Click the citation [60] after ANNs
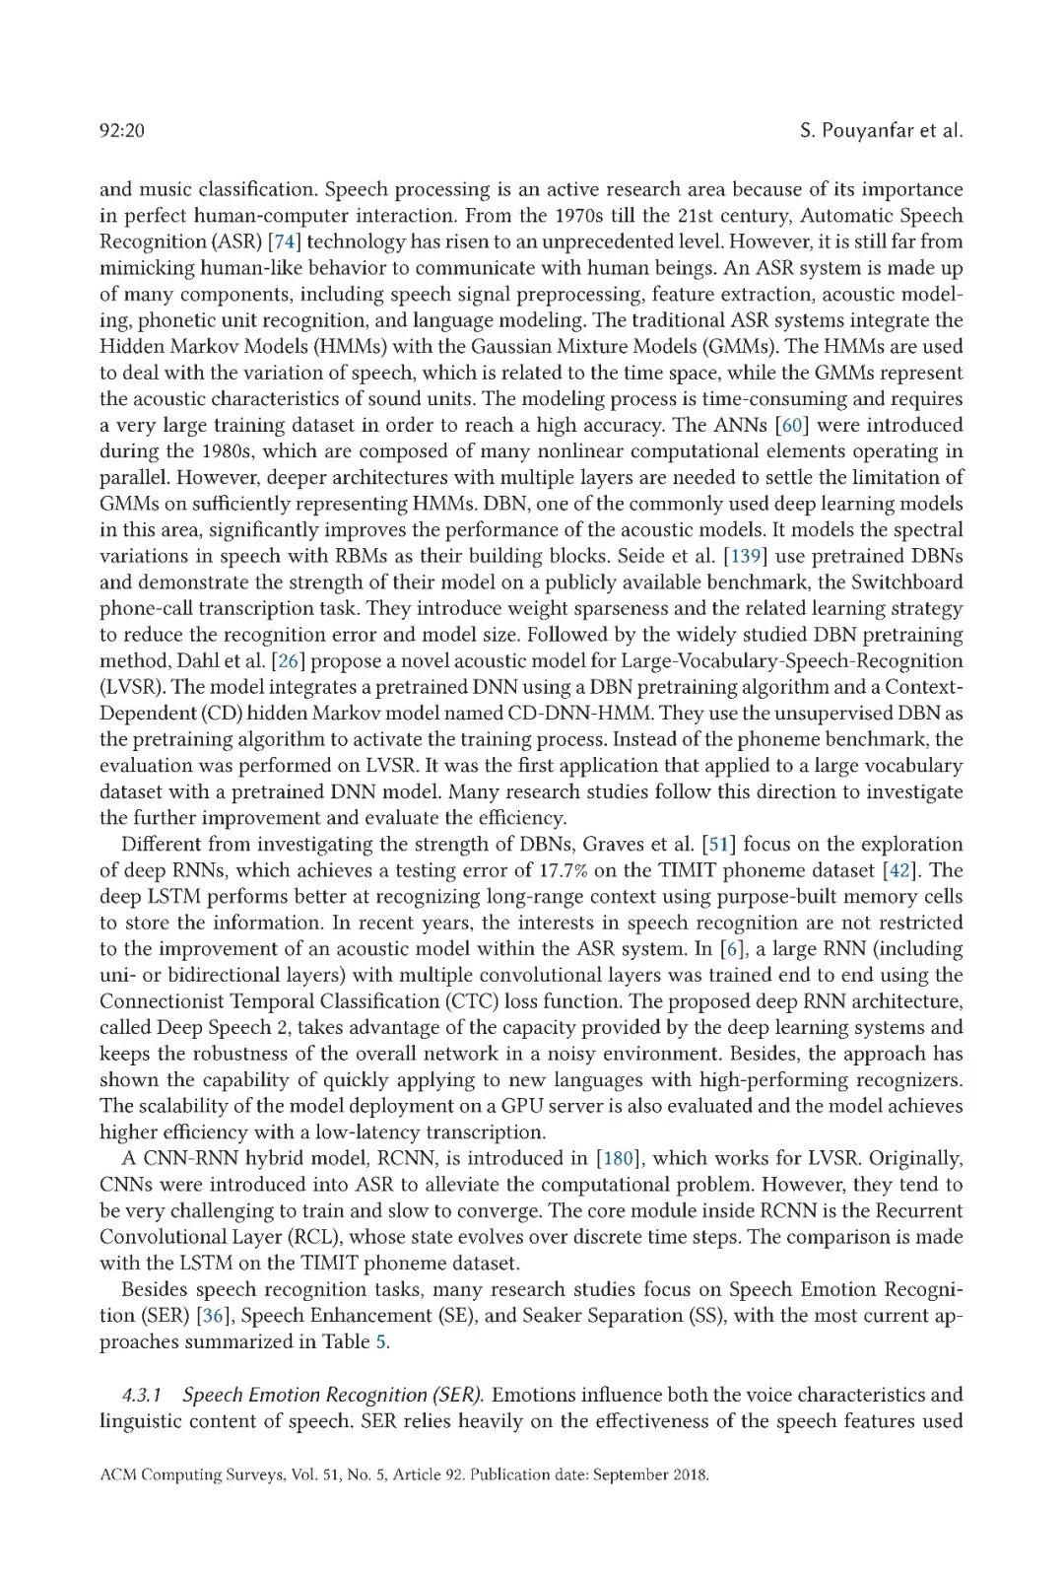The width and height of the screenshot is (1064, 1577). [x=792, y=425]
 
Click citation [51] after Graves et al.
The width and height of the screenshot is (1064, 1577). [x=718, y=844]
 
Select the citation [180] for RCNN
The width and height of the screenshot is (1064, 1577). [x=618, y=1158]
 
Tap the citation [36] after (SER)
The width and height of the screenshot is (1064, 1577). [x=216, y=1315]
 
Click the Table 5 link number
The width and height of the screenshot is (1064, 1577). [x=381, y=1341]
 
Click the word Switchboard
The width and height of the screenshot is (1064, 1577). [x=906, y=582]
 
